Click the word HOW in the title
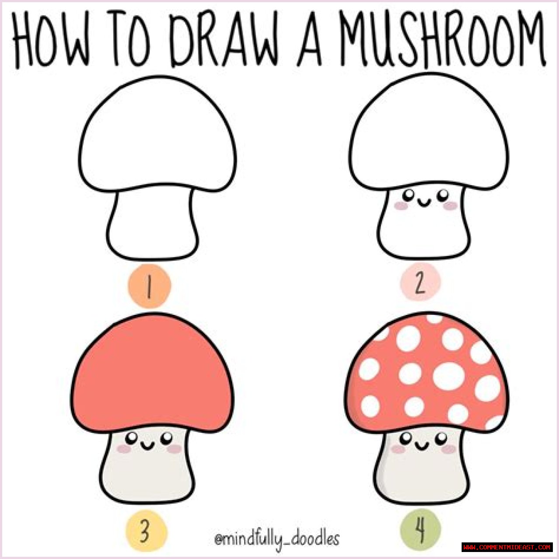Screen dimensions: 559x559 tap(51, 39)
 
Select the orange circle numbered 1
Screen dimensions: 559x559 tap(149, 286)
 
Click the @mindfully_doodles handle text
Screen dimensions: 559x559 tap(277, 539)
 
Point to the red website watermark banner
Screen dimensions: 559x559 tap(507, 547)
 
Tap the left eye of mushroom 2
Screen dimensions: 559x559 tap(409, 195)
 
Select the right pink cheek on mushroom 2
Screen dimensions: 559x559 tap(450, 206)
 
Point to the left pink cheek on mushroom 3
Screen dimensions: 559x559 tap(124, 449)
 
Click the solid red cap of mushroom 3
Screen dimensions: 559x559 tap(152, 374)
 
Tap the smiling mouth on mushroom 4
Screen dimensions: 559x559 tap(422, 446)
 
